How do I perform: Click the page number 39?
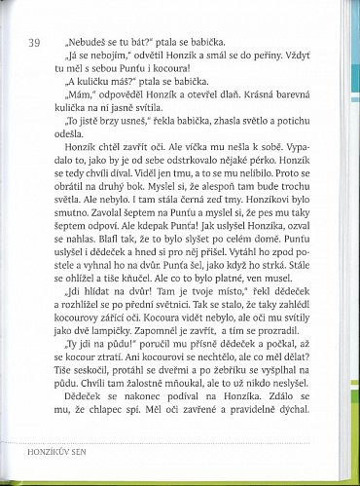pos(34,42)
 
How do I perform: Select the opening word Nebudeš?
pos(86,42)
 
